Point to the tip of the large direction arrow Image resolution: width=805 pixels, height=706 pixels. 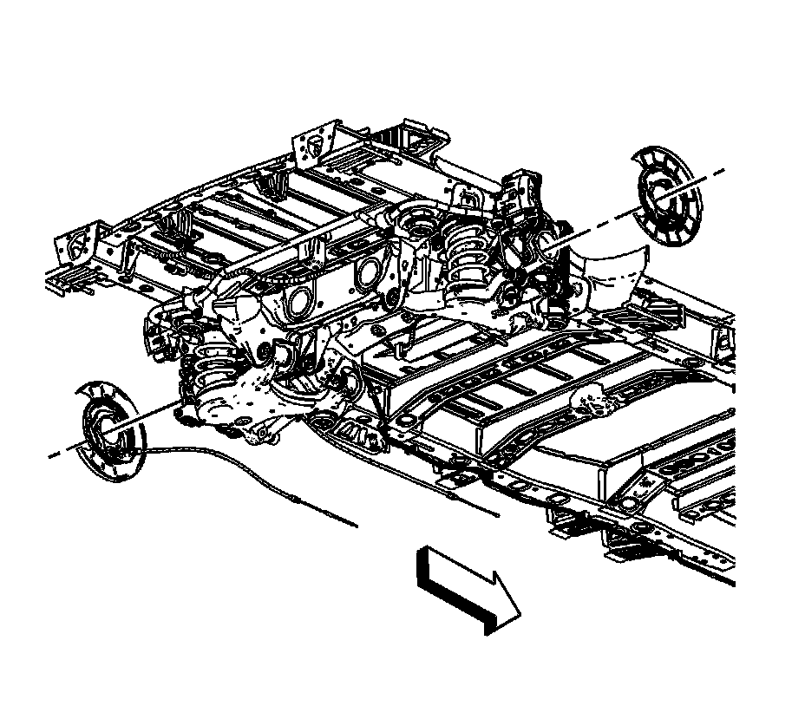click(520, 615)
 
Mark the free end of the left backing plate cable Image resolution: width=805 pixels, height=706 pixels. click(357, 525)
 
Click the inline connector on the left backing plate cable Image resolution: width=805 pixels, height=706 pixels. click(298, 500)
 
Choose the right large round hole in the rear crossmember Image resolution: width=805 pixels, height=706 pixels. click(368, 273)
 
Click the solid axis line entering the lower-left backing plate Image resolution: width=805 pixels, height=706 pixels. click(147, 412)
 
